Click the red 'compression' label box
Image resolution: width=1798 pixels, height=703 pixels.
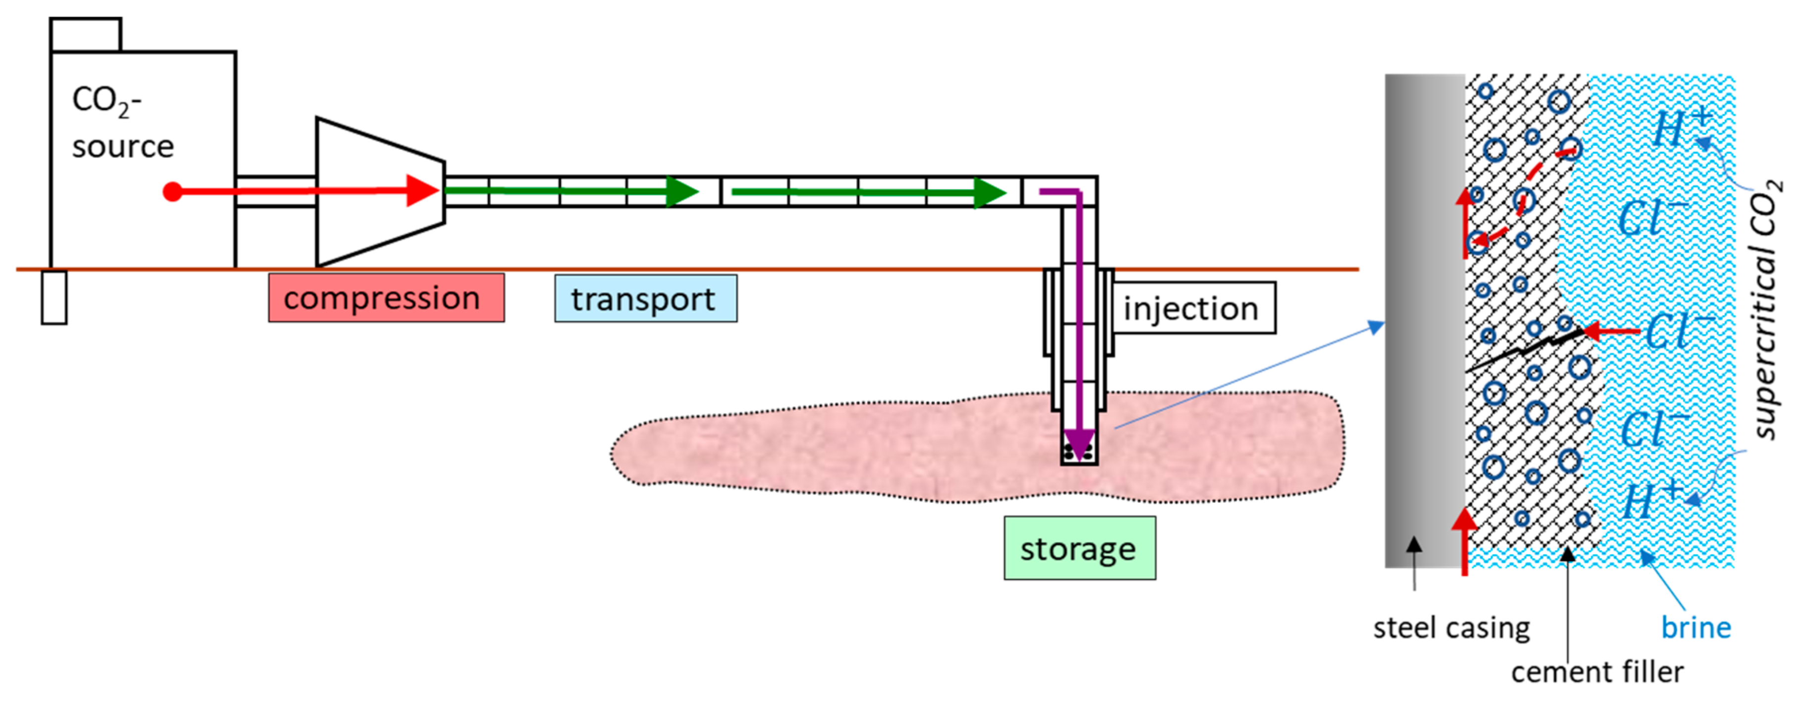tap(386, 298)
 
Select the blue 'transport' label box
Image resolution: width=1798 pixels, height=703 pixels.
tap(645, 299)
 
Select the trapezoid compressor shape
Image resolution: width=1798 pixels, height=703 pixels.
tap(377, 192)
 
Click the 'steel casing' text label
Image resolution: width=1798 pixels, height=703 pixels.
tap(1451, 628)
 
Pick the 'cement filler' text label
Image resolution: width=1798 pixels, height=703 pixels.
tap(1596, 672)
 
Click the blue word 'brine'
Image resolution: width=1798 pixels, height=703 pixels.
tap(1695, 628)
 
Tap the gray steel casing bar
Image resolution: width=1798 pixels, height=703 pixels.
tap(1424, 321)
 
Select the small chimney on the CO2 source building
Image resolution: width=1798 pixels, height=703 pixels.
tap(85, 35)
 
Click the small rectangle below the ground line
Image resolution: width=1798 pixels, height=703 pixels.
tap(54, 298)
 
